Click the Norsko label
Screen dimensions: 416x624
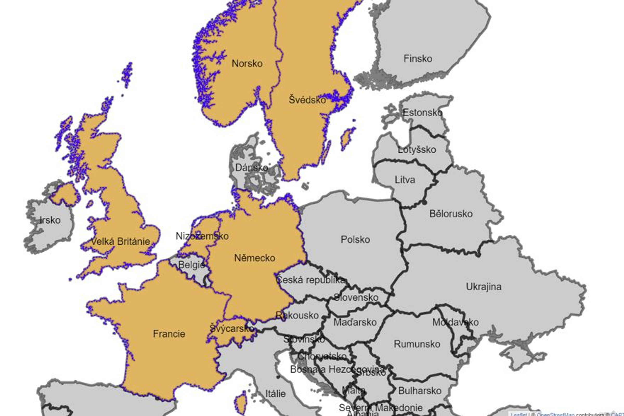[247, 64]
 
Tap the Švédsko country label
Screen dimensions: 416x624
[307, 100]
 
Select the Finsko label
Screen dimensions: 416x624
[418, 59]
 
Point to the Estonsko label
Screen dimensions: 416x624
[422, 113]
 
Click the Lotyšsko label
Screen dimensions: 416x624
[417, 150]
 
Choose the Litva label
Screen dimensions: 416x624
[405, 180]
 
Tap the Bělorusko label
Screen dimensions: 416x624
[451, 214]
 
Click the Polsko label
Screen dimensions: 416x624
[355, 240]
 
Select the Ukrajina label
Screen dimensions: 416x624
[484, 287]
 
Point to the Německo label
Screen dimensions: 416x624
[255, 258]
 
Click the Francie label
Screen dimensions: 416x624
[169, 334]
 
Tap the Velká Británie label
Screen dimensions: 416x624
[120, 242]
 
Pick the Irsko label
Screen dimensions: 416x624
[50, 220]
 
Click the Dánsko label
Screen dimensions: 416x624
[252, 168]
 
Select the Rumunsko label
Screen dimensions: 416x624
[417, 344]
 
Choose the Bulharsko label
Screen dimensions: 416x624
[420, 391]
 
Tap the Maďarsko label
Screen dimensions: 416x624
[355, 322]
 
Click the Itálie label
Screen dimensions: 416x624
[276, 394]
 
